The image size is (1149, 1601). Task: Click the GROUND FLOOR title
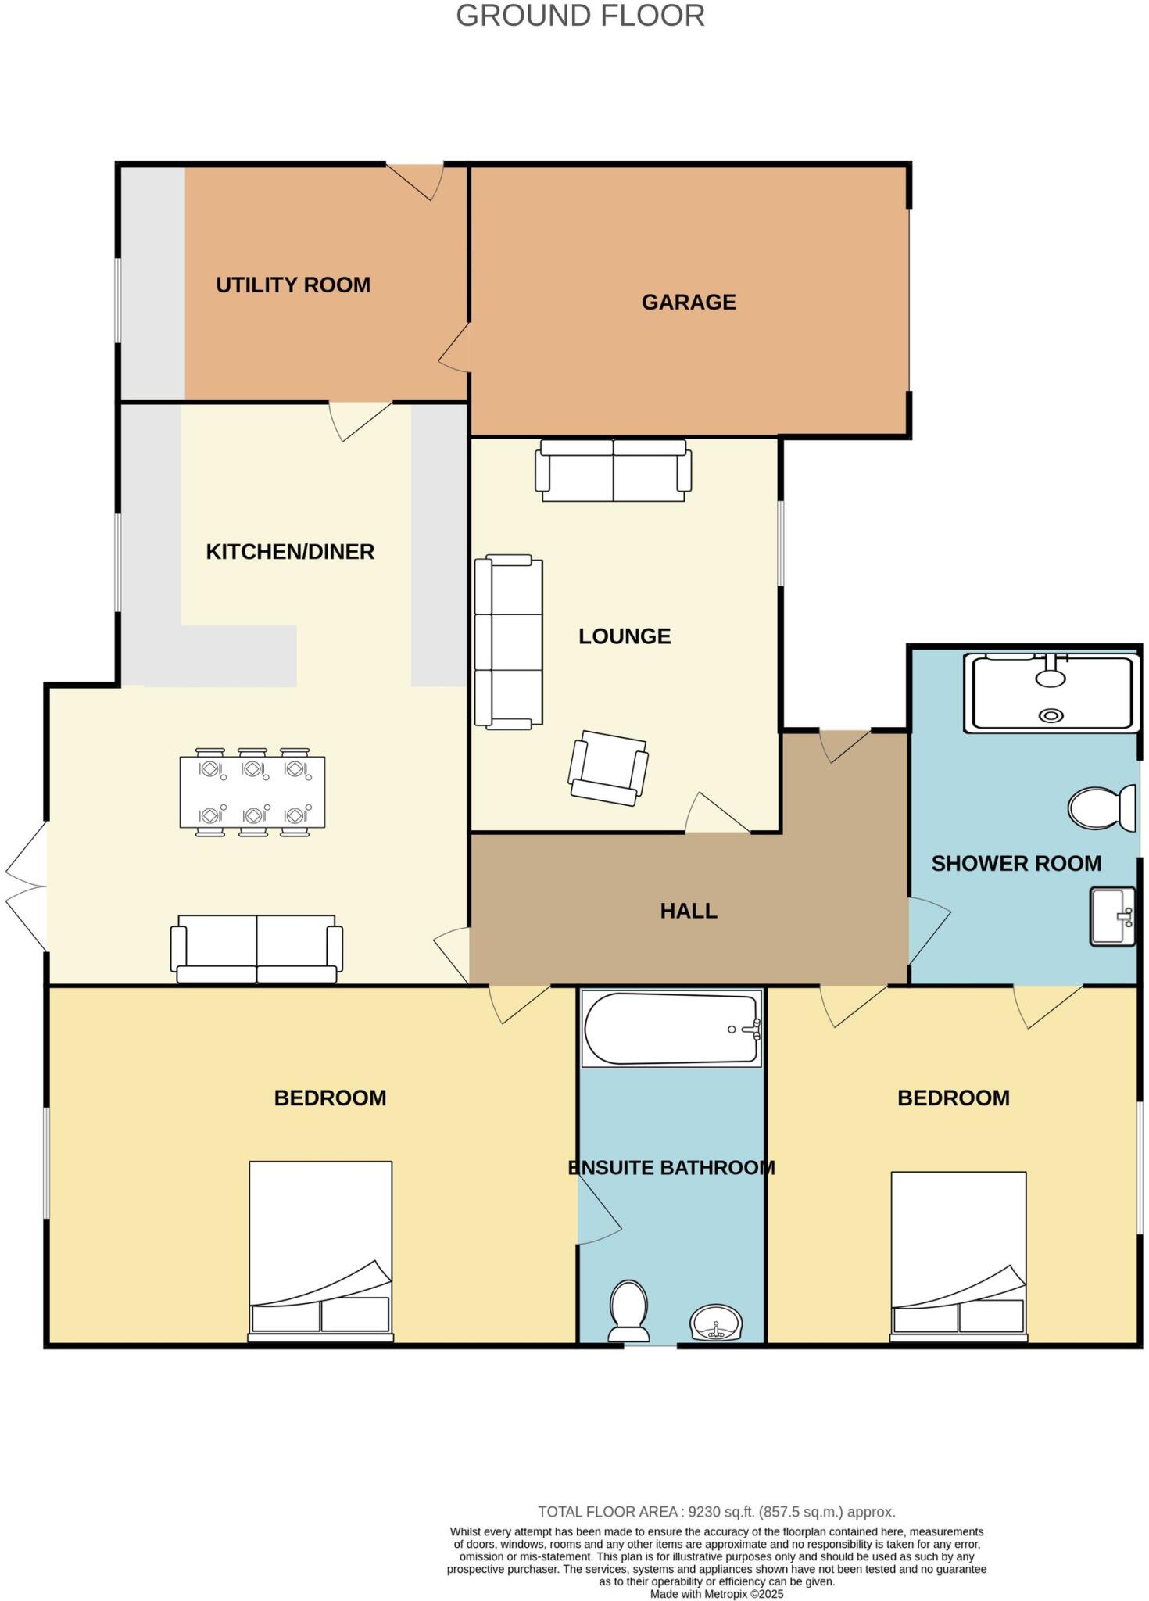tap(580, 16)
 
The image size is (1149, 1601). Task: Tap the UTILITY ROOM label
tap(293, 285)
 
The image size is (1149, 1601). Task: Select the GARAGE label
tap(689, 303)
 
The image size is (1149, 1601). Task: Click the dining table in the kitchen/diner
tap(252, 792)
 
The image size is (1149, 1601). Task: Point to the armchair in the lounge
tap(609, 768)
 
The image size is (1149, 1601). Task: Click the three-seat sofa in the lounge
tap(509, 642)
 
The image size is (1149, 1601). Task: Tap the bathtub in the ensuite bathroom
tap(671, 1029)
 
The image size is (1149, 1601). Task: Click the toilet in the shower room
tap(1102, 808)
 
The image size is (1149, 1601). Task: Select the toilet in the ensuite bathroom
tap(629, 1311)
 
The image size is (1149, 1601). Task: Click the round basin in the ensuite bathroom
tap(716, 1323)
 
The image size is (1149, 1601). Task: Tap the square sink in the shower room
tap(1112, 916)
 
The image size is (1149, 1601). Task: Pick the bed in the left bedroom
tap(320, 1250)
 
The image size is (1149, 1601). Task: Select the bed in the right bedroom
tap(958, 1255)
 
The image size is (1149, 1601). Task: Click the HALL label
tap(689, 911)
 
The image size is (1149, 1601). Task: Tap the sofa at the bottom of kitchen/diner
tap(256, 949)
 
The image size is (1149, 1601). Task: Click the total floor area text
tap(716, 1512)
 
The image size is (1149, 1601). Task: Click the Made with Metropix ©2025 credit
tap(716, 1594)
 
